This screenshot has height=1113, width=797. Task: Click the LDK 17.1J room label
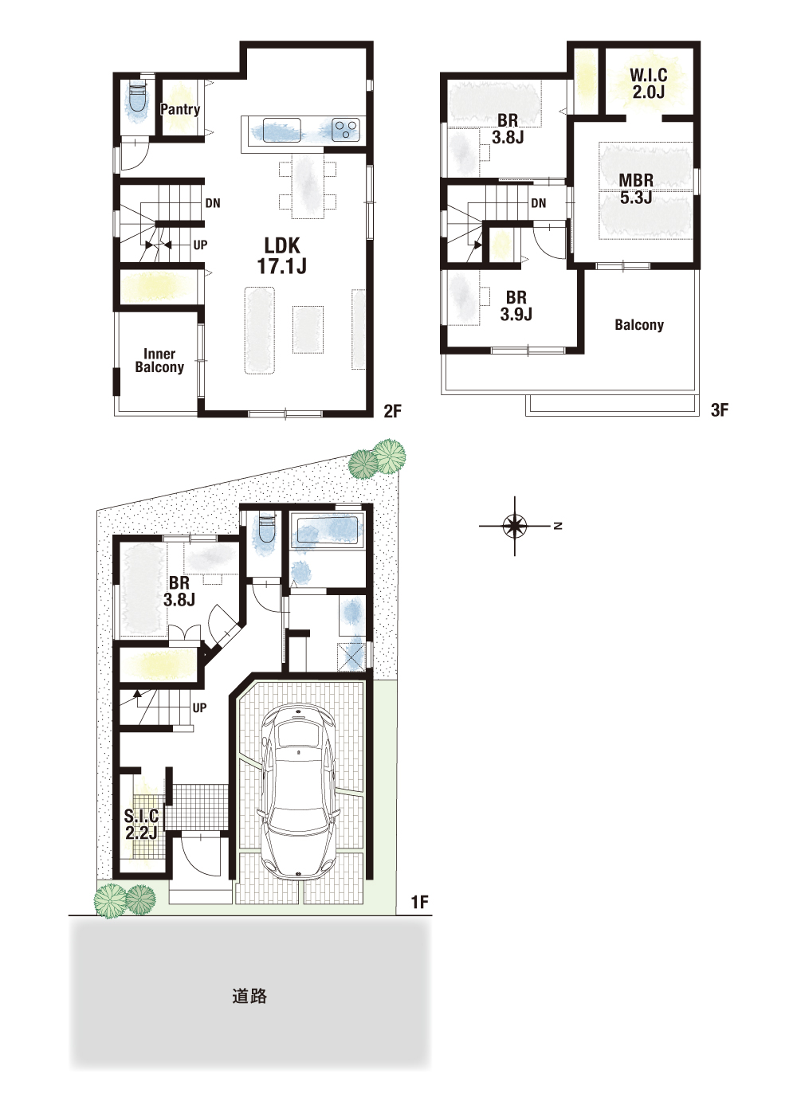[x=281, y=256]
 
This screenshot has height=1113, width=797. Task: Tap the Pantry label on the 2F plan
[x=180, y=109]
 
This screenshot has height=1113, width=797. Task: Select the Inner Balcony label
[x=159, y=361]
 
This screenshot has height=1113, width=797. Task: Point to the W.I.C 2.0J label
[x=648, y=84]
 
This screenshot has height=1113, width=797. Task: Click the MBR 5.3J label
[x=636, y=188]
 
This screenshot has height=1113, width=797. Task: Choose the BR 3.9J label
[x=516, y=306]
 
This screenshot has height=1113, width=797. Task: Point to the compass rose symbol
[x=515, y=525]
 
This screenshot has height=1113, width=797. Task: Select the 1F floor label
[x=420, y=901]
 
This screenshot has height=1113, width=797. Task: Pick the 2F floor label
[x=392, y=411]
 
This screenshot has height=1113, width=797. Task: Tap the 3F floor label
[x=720, y=410]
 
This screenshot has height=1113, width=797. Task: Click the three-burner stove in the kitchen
[x=346, y=130]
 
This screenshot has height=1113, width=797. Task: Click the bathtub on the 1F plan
[x=327, y=533]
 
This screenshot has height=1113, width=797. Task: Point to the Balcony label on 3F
[x=639, y=325]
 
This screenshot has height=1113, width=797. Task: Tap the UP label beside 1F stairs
[x=199, y=707]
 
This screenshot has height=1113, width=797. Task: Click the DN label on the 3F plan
[x=539, y=202]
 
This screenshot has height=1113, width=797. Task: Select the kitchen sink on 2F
[x=281, y=131]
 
